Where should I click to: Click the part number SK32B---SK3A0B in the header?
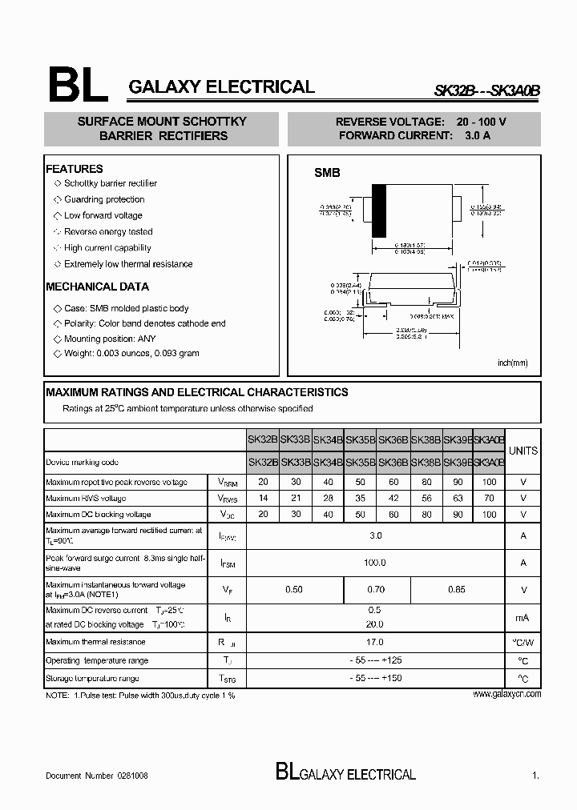pos(486,91)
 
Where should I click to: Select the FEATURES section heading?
pos(75,169)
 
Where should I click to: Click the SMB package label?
pos(326,173)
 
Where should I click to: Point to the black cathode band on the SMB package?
pos(378,211)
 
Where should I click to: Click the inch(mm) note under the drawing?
pos(512,363)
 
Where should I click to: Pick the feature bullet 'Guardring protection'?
pos(104,199)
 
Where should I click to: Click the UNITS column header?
pos(523,451)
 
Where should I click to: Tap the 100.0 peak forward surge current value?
pos(375,563)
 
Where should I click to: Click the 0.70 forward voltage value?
pos(376,590)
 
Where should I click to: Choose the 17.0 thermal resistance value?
pos(375,642)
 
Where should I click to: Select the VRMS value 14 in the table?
pos(263,498)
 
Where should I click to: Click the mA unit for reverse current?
pos(523,617)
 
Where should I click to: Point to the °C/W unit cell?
pos(523,643)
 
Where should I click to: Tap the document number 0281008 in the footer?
pos(132,776)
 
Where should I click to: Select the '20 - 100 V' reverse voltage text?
pos(481,122)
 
